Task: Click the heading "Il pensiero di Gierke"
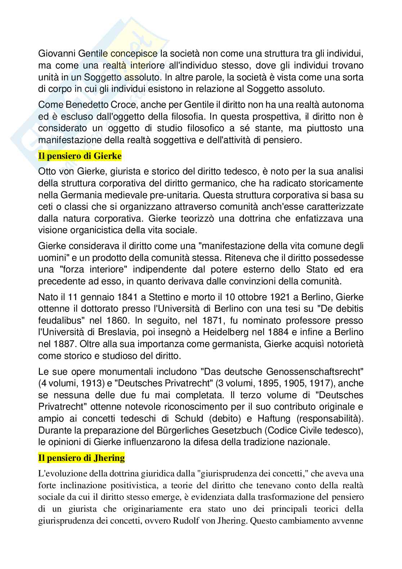(80, 156)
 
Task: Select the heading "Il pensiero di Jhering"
(81, 458)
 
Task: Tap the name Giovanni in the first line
(55, 54)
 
